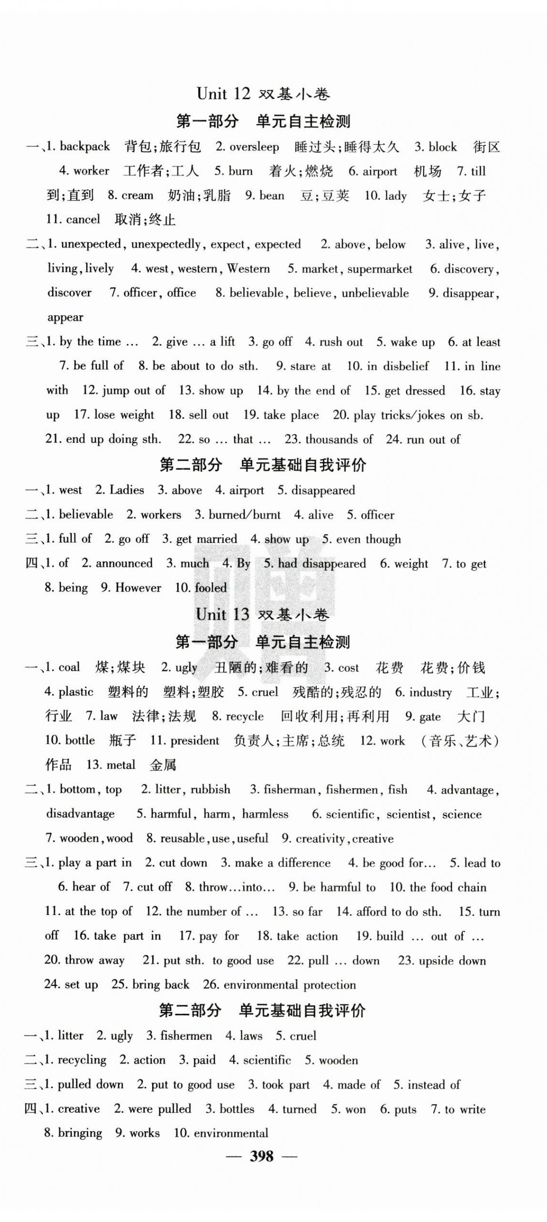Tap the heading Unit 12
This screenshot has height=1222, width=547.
click(224, 94)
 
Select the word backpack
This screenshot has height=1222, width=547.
click(85, 146)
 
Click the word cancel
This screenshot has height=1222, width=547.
click(83, 219)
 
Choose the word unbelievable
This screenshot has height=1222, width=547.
click(375, 293)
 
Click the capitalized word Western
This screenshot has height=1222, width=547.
click(249, 269)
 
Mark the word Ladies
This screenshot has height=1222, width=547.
click(127, 490)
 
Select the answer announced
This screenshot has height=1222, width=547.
click(124, 563)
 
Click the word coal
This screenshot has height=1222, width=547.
click(69, 667)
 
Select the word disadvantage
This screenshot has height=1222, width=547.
click(81, 814)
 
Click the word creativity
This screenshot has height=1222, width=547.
click(320, 838)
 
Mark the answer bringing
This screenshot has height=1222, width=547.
click(80, 1133)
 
